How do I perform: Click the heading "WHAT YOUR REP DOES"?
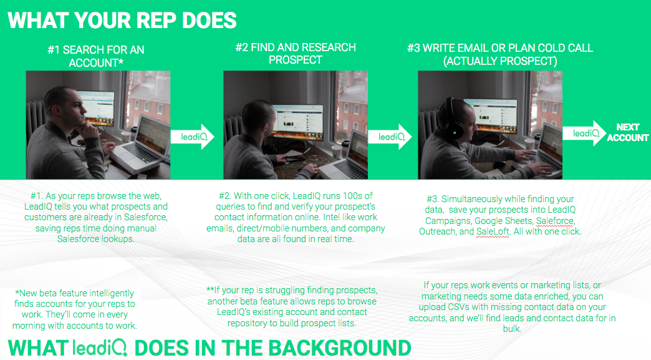pos(122,21)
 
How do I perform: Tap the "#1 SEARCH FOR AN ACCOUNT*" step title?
pos(96,56)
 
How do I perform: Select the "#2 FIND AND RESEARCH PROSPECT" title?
pos(295,54)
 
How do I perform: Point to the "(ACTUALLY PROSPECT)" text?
pos(500,61)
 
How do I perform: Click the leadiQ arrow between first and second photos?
pos(193,137)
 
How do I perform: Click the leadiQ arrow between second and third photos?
pos(390,137)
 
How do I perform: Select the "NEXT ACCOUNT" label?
pos(628,132)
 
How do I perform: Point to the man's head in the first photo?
pos(63,107)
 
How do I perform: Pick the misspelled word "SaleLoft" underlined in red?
pos(493,231)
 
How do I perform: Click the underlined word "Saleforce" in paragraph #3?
pos(555,221)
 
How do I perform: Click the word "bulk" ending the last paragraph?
pos(511,329)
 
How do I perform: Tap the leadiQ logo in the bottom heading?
pos(100,348)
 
